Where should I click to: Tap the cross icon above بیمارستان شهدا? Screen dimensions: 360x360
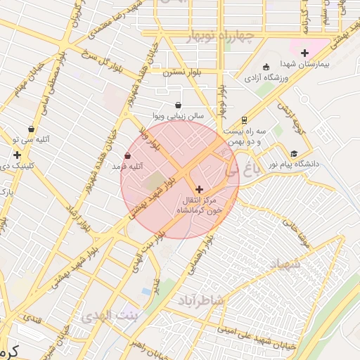tap(304, 53)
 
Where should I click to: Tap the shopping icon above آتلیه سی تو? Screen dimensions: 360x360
tap(31, 129)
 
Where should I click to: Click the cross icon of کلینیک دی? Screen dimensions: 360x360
tap(16, 155)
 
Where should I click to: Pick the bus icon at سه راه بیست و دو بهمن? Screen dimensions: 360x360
tap(244, 120)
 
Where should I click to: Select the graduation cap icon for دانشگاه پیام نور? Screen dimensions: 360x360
tap(293, 153)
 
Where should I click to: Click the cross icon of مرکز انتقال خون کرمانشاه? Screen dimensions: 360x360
tap(199, 188)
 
